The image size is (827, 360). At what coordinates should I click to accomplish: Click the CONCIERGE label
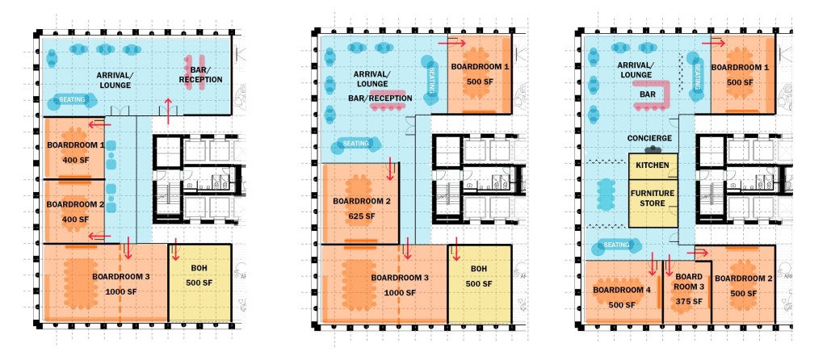649,138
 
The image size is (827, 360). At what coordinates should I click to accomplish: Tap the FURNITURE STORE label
653,199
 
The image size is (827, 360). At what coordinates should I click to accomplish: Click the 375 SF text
689,302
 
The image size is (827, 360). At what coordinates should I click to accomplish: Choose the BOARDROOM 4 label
622,290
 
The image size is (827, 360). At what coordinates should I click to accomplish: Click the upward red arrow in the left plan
168,111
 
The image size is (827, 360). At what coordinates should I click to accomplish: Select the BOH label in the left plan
199,268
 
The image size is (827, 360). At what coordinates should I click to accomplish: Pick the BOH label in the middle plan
479,268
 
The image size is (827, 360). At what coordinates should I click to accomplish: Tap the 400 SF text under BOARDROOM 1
76,161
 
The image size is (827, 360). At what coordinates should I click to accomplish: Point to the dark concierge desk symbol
653,149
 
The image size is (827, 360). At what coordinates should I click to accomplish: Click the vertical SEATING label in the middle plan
431,80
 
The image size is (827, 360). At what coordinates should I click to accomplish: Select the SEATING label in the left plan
72,99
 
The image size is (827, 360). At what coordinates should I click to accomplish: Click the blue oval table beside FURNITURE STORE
606,193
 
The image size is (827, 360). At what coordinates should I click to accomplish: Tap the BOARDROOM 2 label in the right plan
743,278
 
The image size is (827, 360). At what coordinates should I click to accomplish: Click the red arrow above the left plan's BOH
175,250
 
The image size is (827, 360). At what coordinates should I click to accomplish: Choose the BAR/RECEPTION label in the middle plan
380,98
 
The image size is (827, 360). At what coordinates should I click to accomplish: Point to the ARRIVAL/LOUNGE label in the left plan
113,80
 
